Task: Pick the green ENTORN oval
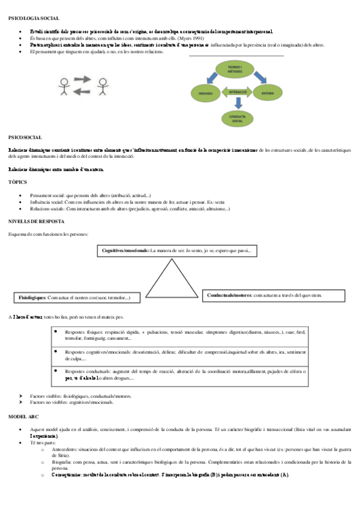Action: click(268, 94)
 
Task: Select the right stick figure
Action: click(103, 86)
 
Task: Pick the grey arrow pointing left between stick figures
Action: click(83, 92)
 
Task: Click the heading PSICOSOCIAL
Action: click(22, 137)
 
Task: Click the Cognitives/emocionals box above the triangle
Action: click(177, 250)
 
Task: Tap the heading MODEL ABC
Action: click(23, 416)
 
